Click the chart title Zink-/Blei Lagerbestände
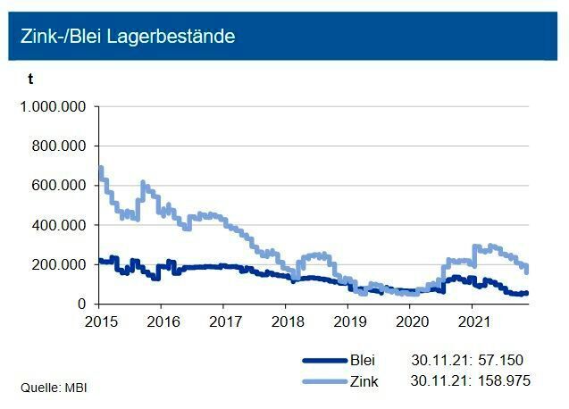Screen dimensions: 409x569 [x=128, y=37]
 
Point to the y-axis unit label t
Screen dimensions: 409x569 [x=29, y=79]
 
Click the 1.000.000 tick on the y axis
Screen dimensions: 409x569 [x=53, y=106]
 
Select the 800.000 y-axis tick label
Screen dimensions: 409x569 [x=60, y=146]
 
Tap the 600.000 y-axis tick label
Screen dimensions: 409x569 [x=60, y=186]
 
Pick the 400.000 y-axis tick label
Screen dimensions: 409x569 [x=60, y=225]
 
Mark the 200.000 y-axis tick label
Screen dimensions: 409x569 [x=60, y=264]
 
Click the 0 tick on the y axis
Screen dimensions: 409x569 [x=80, y=304]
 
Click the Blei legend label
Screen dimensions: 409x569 [x=362, y=361]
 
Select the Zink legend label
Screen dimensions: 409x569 [x=363, y=380]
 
